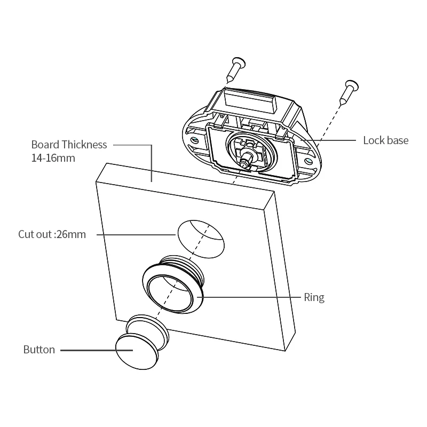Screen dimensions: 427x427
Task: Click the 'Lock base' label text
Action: pos(385,140)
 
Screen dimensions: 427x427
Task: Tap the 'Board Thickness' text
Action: pos(69,145)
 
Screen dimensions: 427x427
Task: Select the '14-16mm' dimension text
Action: pos(53,159)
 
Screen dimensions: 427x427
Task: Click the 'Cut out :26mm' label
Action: pos(52,234)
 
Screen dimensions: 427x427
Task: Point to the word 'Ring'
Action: pos(314,297)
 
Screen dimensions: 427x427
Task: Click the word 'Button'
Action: pos(39,350)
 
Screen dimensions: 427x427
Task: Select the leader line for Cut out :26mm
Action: pos(133,234)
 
